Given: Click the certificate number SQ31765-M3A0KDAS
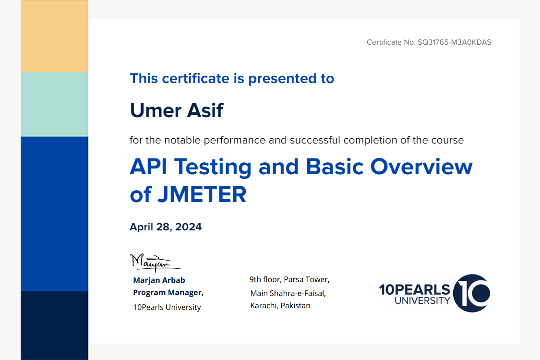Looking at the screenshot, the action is coord(454,42).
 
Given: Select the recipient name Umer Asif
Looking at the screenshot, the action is coord(177,110).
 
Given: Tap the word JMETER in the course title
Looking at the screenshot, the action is coord(202,195).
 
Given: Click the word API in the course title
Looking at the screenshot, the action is coord(148,167).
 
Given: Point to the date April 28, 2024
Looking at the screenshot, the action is coord(166,227).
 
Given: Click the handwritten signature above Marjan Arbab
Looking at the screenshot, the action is coord(156,263).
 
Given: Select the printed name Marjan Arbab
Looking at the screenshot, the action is coord(159,280).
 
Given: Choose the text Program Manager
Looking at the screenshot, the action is coord(168,292).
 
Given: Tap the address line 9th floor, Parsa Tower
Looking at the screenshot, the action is coord(289,279).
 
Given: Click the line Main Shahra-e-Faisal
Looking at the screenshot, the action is coord(288,293).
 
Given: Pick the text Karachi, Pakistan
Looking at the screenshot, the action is coord(280,306).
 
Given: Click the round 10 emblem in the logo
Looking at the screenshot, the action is coord(471,293).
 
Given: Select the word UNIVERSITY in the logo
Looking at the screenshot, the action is coord(422,301).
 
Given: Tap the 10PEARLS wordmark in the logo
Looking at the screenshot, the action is coord(415,289).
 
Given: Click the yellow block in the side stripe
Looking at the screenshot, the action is coord(54,36).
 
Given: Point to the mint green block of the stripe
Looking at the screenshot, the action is coord(54,104).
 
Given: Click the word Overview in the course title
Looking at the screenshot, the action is coord(421,167).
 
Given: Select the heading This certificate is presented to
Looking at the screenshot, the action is coord(232,79).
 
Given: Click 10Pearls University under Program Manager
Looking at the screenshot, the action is coord(167,307).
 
